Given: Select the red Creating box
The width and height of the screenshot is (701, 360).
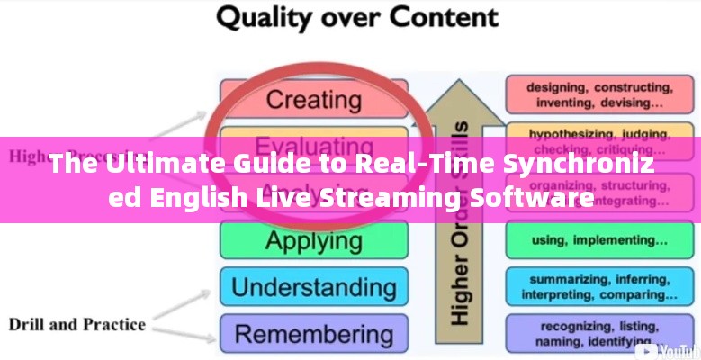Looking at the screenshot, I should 312,97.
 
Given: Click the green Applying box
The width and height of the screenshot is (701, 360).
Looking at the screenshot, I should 312,240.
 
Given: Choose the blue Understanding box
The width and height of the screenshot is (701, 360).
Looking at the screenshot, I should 312,287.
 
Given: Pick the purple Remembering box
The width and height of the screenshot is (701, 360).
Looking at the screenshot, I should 312,334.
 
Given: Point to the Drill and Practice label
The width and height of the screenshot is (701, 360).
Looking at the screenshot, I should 76,324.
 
